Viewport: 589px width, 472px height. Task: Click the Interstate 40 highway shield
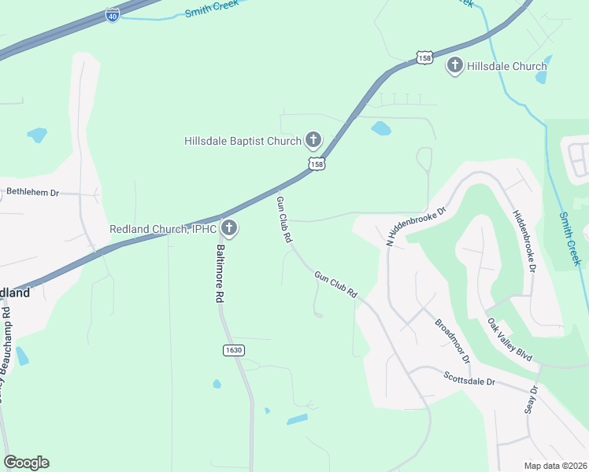click(113, 15)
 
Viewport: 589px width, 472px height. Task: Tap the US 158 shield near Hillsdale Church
click(425, 58)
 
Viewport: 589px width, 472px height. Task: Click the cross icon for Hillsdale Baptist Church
click(313, 141)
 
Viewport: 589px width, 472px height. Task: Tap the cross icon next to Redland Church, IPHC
click(229, 229)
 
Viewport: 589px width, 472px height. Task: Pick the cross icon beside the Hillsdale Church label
click(455, 66)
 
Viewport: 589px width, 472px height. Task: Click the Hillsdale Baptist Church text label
click(243, 142)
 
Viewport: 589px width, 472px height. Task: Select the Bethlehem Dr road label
click(33, 192)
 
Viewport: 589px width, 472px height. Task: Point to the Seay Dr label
click(532, 399)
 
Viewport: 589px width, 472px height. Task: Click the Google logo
click(26, 463)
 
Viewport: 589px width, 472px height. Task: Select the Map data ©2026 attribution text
click(556, 466)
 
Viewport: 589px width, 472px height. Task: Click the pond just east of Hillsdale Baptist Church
click(380, 127)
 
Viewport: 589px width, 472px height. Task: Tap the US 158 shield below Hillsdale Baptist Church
click(317, 164)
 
